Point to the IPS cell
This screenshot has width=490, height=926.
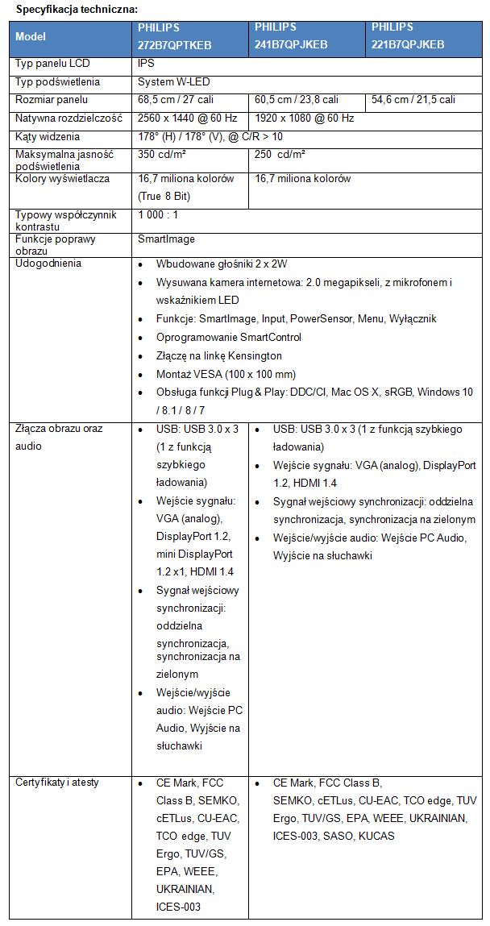point(146,64)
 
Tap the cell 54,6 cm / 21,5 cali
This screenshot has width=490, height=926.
point(413,100)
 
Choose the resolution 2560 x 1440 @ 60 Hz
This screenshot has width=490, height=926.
point(187,118)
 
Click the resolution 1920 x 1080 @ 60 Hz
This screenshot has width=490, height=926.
point(304,118)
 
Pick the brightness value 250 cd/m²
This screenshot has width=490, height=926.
point(281,153)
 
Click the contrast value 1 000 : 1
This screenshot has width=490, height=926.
point(158,215)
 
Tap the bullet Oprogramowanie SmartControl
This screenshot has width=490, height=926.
point(229,337)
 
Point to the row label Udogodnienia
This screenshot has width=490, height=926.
point(48,264)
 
